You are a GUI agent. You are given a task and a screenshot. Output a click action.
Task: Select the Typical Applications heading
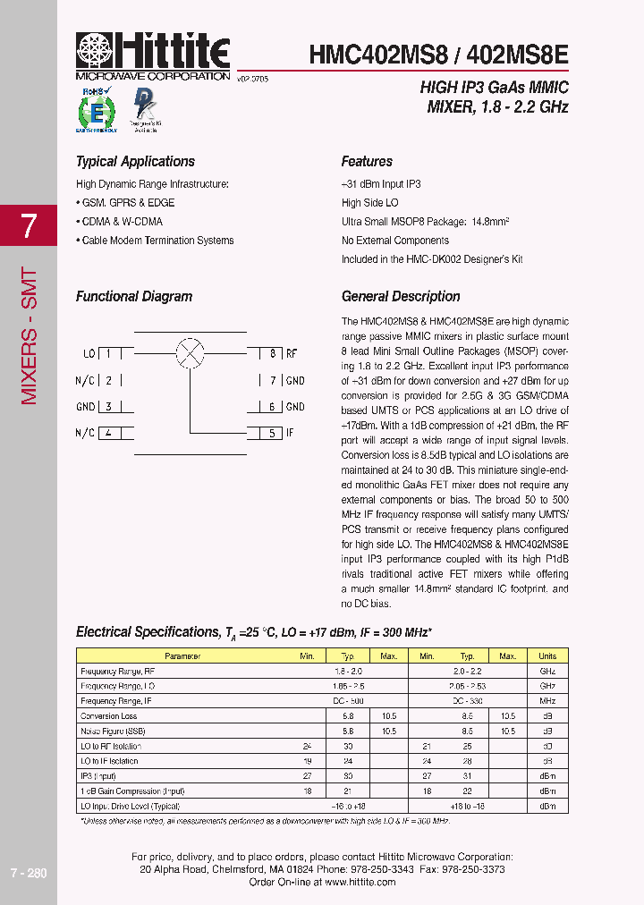[135, 162]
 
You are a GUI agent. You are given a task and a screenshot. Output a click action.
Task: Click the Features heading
[367, 162]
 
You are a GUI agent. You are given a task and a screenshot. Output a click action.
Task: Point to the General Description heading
[401, 296]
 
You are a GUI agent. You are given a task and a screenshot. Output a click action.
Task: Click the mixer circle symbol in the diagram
[190, 352]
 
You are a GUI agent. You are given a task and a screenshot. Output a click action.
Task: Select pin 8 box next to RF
[271, 354]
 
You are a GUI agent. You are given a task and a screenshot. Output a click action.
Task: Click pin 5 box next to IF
[271, 434]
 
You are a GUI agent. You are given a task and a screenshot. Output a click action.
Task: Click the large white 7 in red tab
[29, 226]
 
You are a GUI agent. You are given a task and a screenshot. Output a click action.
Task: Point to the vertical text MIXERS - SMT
[29, 335]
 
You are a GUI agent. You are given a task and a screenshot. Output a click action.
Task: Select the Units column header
[547, 655]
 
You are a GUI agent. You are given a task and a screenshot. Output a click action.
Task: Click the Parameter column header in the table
[182, 655]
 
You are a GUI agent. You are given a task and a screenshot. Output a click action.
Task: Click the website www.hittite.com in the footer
[360, 882]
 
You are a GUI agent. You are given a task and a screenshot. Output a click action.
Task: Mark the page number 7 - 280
[29, 873]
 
